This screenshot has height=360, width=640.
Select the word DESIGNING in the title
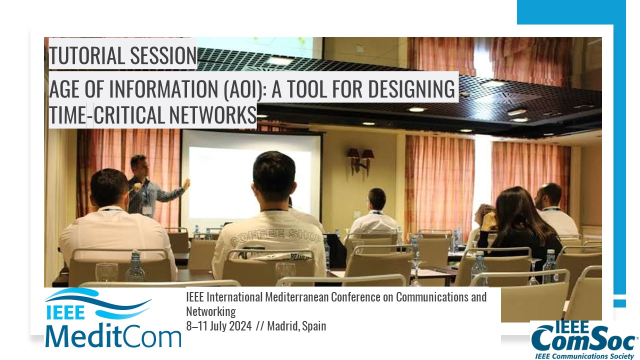411,89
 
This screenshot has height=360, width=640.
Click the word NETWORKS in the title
213,114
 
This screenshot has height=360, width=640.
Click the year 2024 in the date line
240,326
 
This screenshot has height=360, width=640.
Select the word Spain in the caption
314,326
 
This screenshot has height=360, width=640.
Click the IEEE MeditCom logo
113,317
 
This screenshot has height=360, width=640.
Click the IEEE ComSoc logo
583,340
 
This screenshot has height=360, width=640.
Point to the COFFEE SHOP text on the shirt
275,236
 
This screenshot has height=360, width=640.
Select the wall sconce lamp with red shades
360,160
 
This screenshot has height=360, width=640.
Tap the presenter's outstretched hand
186,184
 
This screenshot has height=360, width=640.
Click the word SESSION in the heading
163,55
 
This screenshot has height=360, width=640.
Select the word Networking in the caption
211,311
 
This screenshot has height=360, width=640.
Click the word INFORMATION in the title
163,89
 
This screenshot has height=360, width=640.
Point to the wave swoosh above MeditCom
98,303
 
